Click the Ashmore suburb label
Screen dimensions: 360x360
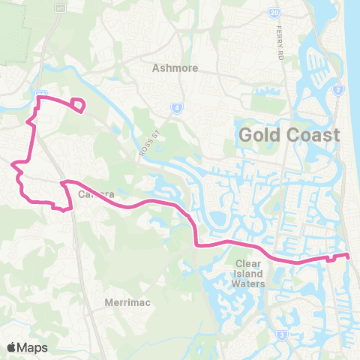[175, 67]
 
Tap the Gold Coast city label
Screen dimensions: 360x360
[289, 136]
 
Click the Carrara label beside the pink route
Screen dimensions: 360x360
[95, 193]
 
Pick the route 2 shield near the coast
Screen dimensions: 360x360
[338, 91]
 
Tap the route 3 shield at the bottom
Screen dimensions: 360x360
[281, 335]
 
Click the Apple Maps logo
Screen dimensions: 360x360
[27, 347]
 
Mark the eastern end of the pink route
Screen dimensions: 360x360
[349, 256]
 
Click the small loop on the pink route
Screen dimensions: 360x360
[76, 105]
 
